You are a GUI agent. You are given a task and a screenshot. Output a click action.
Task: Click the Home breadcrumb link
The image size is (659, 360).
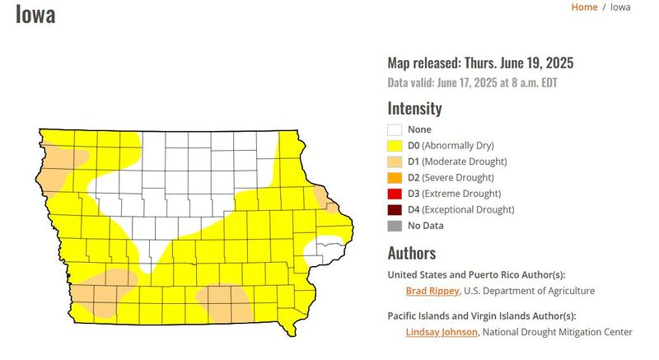(x=584, y=7)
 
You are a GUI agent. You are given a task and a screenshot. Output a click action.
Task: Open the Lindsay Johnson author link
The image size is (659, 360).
(x=442, y=332)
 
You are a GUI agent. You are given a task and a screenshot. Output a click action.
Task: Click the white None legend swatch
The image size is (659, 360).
(x=395, y=130)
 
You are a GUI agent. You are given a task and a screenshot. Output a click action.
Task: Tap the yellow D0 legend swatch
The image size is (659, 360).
(x=395, y=146)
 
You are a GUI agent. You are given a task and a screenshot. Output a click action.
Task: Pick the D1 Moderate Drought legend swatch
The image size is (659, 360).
(x=395, y=161)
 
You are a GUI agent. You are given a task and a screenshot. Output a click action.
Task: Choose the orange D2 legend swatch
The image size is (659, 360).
(x=395, y=178)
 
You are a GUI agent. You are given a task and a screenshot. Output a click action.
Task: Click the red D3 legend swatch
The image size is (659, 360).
(x=395, y=194)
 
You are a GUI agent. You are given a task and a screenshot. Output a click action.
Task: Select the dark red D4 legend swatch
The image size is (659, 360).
(x=395, y=210)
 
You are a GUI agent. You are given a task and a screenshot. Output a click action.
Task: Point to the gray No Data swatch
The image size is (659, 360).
(x=395, y=226)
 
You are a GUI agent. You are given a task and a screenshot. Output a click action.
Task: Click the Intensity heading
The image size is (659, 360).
(x=414, y=108)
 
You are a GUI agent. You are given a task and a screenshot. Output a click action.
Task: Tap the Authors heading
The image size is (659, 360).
(x=411, y=253)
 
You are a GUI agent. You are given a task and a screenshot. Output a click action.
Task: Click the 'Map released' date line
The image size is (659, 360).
(x=480, y=63)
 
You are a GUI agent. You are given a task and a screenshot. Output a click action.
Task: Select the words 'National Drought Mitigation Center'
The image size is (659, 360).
(x=557, y=332)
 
